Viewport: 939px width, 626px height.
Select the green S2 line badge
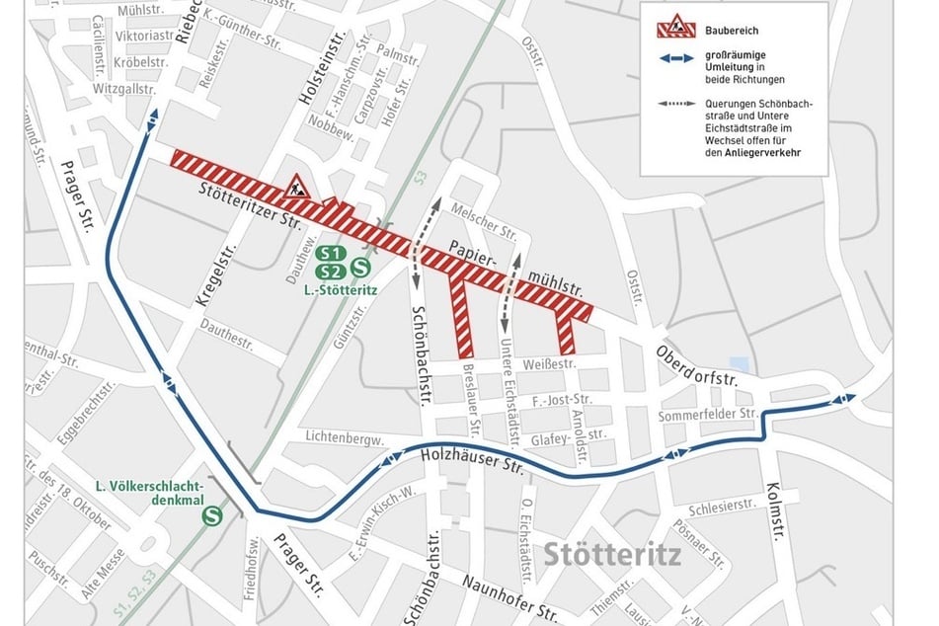pyautogui.click(x=331, y=272)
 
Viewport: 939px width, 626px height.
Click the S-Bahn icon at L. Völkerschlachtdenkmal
pyautogui.click(x=211, y=514)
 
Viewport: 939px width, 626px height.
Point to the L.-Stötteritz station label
pyautogui.click(x=341, y=291)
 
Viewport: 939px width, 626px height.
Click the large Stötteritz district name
pyautogui.click(x=611, y=553)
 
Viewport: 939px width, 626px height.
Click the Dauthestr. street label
pyautogui.click(x=228, y=336)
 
